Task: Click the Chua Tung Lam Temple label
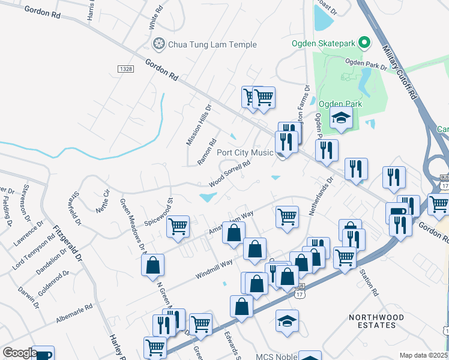pyautogui.click(x=212, y=44)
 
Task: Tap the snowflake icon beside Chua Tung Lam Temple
pyautogui.click(x=159, y=44)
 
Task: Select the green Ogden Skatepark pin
pyautogui.click(x=363, y=43)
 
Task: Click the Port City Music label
pyautogui.click(x=245, y=153)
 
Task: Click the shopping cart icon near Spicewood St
pyautogui.click(x=178, y=226)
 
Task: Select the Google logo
pyautogui.click(x=19, y=352)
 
